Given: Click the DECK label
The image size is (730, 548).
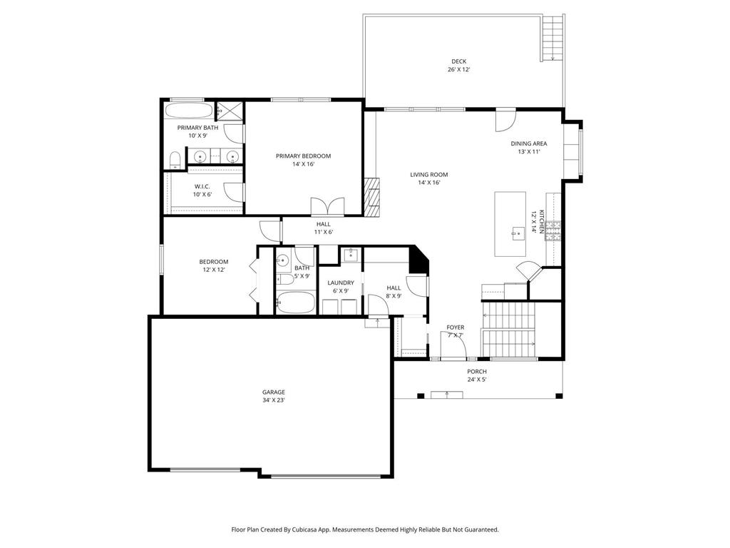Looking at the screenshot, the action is [458, 61].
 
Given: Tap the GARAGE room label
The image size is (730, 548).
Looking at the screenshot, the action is [273, 392].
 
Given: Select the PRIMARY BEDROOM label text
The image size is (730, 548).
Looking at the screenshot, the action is [303, 156].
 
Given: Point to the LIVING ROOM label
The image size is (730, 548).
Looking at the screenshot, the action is [428, 175].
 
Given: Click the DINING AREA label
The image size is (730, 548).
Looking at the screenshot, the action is [529, 143].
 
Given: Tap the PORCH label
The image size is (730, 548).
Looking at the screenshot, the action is [477, 371].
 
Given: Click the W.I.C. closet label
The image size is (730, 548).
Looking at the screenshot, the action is [202, 186].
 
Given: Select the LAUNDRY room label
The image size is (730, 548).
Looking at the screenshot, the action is [341, 283].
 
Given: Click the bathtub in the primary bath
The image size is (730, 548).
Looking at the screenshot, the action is [188, 111].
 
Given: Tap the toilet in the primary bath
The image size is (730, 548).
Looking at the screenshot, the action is [175, 160].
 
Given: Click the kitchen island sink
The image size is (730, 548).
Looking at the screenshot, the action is [517, 233].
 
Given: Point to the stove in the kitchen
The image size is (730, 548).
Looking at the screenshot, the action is [552, 230].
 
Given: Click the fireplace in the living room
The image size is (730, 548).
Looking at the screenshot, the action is [372, 197].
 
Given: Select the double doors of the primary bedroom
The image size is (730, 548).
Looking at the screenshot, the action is [328, 205].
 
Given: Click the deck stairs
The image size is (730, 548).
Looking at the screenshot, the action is [552, 38].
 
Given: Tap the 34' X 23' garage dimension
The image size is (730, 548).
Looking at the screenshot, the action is [273, 400].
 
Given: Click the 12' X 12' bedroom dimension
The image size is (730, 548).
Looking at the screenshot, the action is [214, 270].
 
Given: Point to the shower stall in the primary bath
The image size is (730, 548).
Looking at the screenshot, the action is [230, 111].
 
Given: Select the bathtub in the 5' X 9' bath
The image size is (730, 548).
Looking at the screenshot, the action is [295, 303].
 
